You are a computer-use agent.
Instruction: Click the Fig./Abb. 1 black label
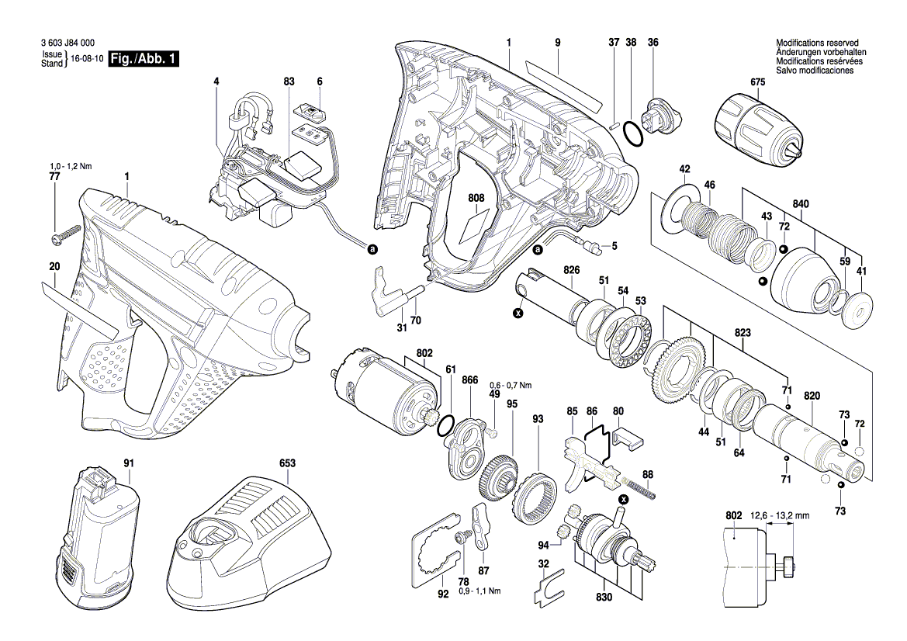(x=144, y=59)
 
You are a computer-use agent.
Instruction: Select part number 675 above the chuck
(x=757, y=81)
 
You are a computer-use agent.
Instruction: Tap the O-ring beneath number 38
(x=632, y=133)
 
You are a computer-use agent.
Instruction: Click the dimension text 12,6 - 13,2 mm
(x=781, y=515)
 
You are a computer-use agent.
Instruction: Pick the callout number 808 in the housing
(x=476, y=199)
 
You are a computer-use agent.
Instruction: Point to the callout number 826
(x=572, y=269)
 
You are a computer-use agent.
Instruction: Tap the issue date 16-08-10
(x=86, y=59)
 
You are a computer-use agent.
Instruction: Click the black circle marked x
(x=518, y=313)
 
